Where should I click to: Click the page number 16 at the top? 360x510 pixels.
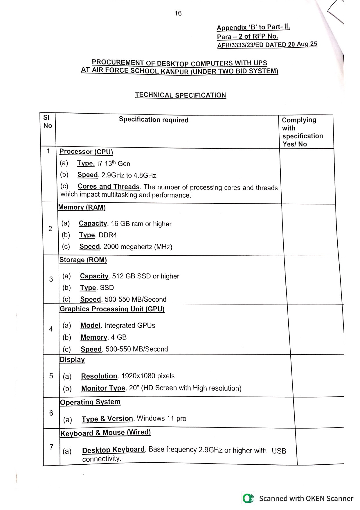click(x=178, y=13)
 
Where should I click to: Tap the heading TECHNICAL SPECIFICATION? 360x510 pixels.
click(x=180, y=95)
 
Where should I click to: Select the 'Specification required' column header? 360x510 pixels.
click(x=154, y=120)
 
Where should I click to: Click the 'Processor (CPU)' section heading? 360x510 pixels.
click(x=86, y=152)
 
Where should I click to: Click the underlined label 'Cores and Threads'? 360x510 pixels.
click(x=109, y=187)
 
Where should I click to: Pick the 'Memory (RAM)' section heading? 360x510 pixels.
click(x=82, y=207)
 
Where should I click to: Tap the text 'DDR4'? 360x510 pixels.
click(x=108, y=235)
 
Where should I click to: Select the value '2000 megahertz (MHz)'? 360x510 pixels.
click(x=138, y=247)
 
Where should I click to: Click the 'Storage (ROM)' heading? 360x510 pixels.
click(x=83, y=260)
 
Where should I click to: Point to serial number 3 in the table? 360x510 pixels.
click(x=51, y=279)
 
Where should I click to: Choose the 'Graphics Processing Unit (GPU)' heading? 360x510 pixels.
click(x=112, y=309)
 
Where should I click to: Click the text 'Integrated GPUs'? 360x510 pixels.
click(x=130, y=325)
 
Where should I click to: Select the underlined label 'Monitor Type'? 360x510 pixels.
click(x=103, y=388)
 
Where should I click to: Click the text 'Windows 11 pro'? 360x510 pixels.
click(x=161, y=418)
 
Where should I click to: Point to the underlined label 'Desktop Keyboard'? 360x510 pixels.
click(x=113, y=450)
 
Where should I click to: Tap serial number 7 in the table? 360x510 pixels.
click(x=51, y=447)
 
